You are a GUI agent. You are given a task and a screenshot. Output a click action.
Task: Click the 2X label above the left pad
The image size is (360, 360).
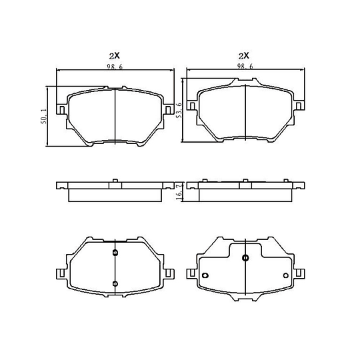tap(115, 55)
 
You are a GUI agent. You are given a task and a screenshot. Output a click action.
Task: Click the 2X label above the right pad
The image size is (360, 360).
tap(244, 55)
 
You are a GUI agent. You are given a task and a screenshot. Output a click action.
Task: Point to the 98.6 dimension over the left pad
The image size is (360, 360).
tap(115, 67)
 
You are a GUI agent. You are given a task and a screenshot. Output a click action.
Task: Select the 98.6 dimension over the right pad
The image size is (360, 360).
tap(245, 67)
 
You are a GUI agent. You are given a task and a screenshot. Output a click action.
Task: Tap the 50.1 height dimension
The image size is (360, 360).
tap(43, 117)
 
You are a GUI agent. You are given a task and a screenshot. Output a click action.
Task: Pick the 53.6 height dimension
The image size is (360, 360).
tap(179, 111)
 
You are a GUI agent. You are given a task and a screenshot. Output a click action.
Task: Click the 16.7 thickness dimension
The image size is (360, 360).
tap(179, 191)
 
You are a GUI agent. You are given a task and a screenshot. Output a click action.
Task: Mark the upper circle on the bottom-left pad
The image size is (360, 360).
tap(115, 253)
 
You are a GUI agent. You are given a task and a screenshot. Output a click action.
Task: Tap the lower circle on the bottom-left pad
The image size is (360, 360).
tap(115, 284)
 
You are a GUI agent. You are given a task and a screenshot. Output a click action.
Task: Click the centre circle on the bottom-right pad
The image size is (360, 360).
tap(245, 258)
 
